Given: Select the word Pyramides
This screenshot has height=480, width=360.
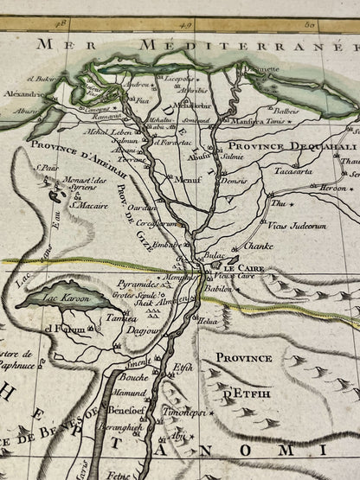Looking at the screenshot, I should [136, 283].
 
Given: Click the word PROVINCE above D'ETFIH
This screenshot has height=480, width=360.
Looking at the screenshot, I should [245, 357].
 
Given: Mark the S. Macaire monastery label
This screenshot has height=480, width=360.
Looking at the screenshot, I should [89, 205].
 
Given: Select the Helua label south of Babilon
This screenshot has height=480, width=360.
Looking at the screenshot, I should [209, 321].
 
